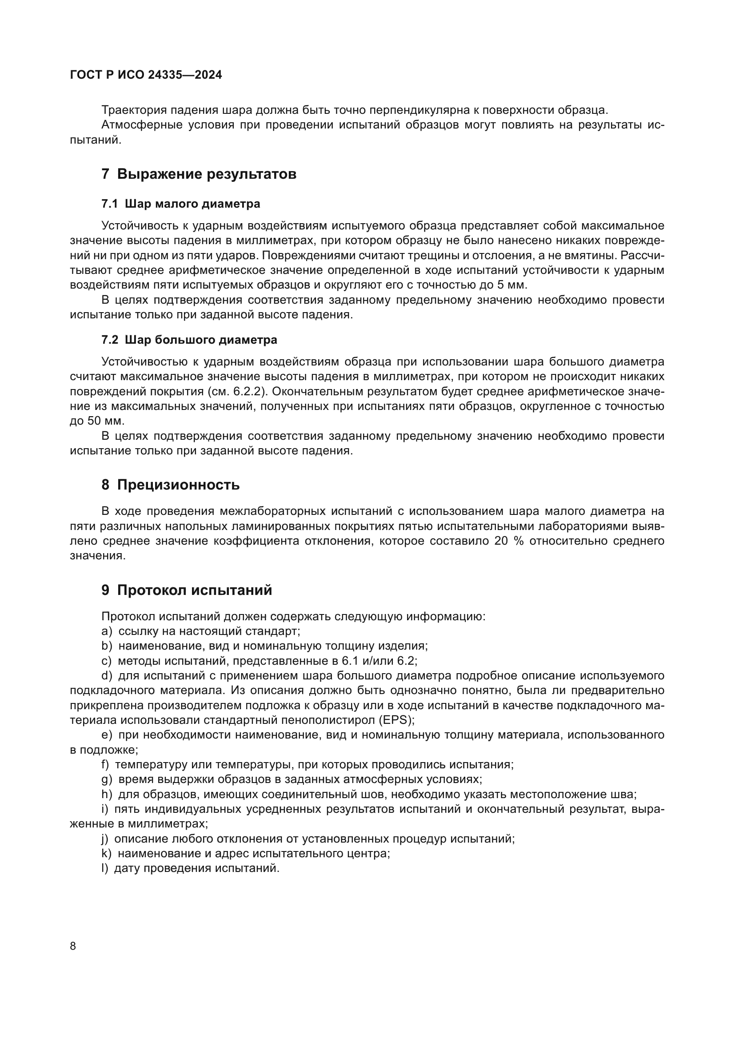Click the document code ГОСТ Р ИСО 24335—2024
pos(146,75)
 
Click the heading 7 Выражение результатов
pos(199,174)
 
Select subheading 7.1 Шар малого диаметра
pos(180,204)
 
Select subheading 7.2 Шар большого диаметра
pos(189,340)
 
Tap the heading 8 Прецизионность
pos(170,485)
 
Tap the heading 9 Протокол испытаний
pos(187,590)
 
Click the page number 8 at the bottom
pos(73,946)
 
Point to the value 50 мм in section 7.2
pos(105,421)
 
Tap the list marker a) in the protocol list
pos(106,631)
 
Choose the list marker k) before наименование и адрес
pos(106,853)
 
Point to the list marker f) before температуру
pos(105,765)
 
